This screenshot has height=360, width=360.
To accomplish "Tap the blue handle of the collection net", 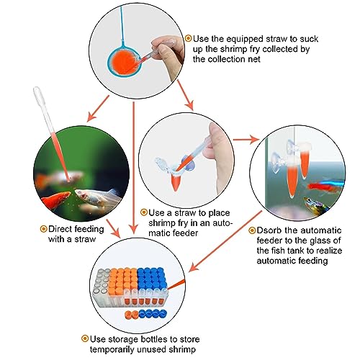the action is [122, 24].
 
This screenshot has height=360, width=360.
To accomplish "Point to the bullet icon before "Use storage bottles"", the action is [85, 338].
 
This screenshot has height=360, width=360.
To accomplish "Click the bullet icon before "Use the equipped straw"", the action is [189, 38].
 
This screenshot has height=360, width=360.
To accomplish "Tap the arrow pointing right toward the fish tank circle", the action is [246, 140].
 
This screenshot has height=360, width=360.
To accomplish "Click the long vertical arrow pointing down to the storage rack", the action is [134, 168].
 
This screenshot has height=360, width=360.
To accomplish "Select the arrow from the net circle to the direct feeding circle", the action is [98, 108].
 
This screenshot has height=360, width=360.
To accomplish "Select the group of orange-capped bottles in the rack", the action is [124, 279].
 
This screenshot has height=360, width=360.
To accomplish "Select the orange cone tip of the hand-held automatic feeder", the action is [176, 182].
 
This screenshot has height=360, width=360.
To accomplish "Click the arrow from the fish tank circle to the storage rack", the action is [225, 241].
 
